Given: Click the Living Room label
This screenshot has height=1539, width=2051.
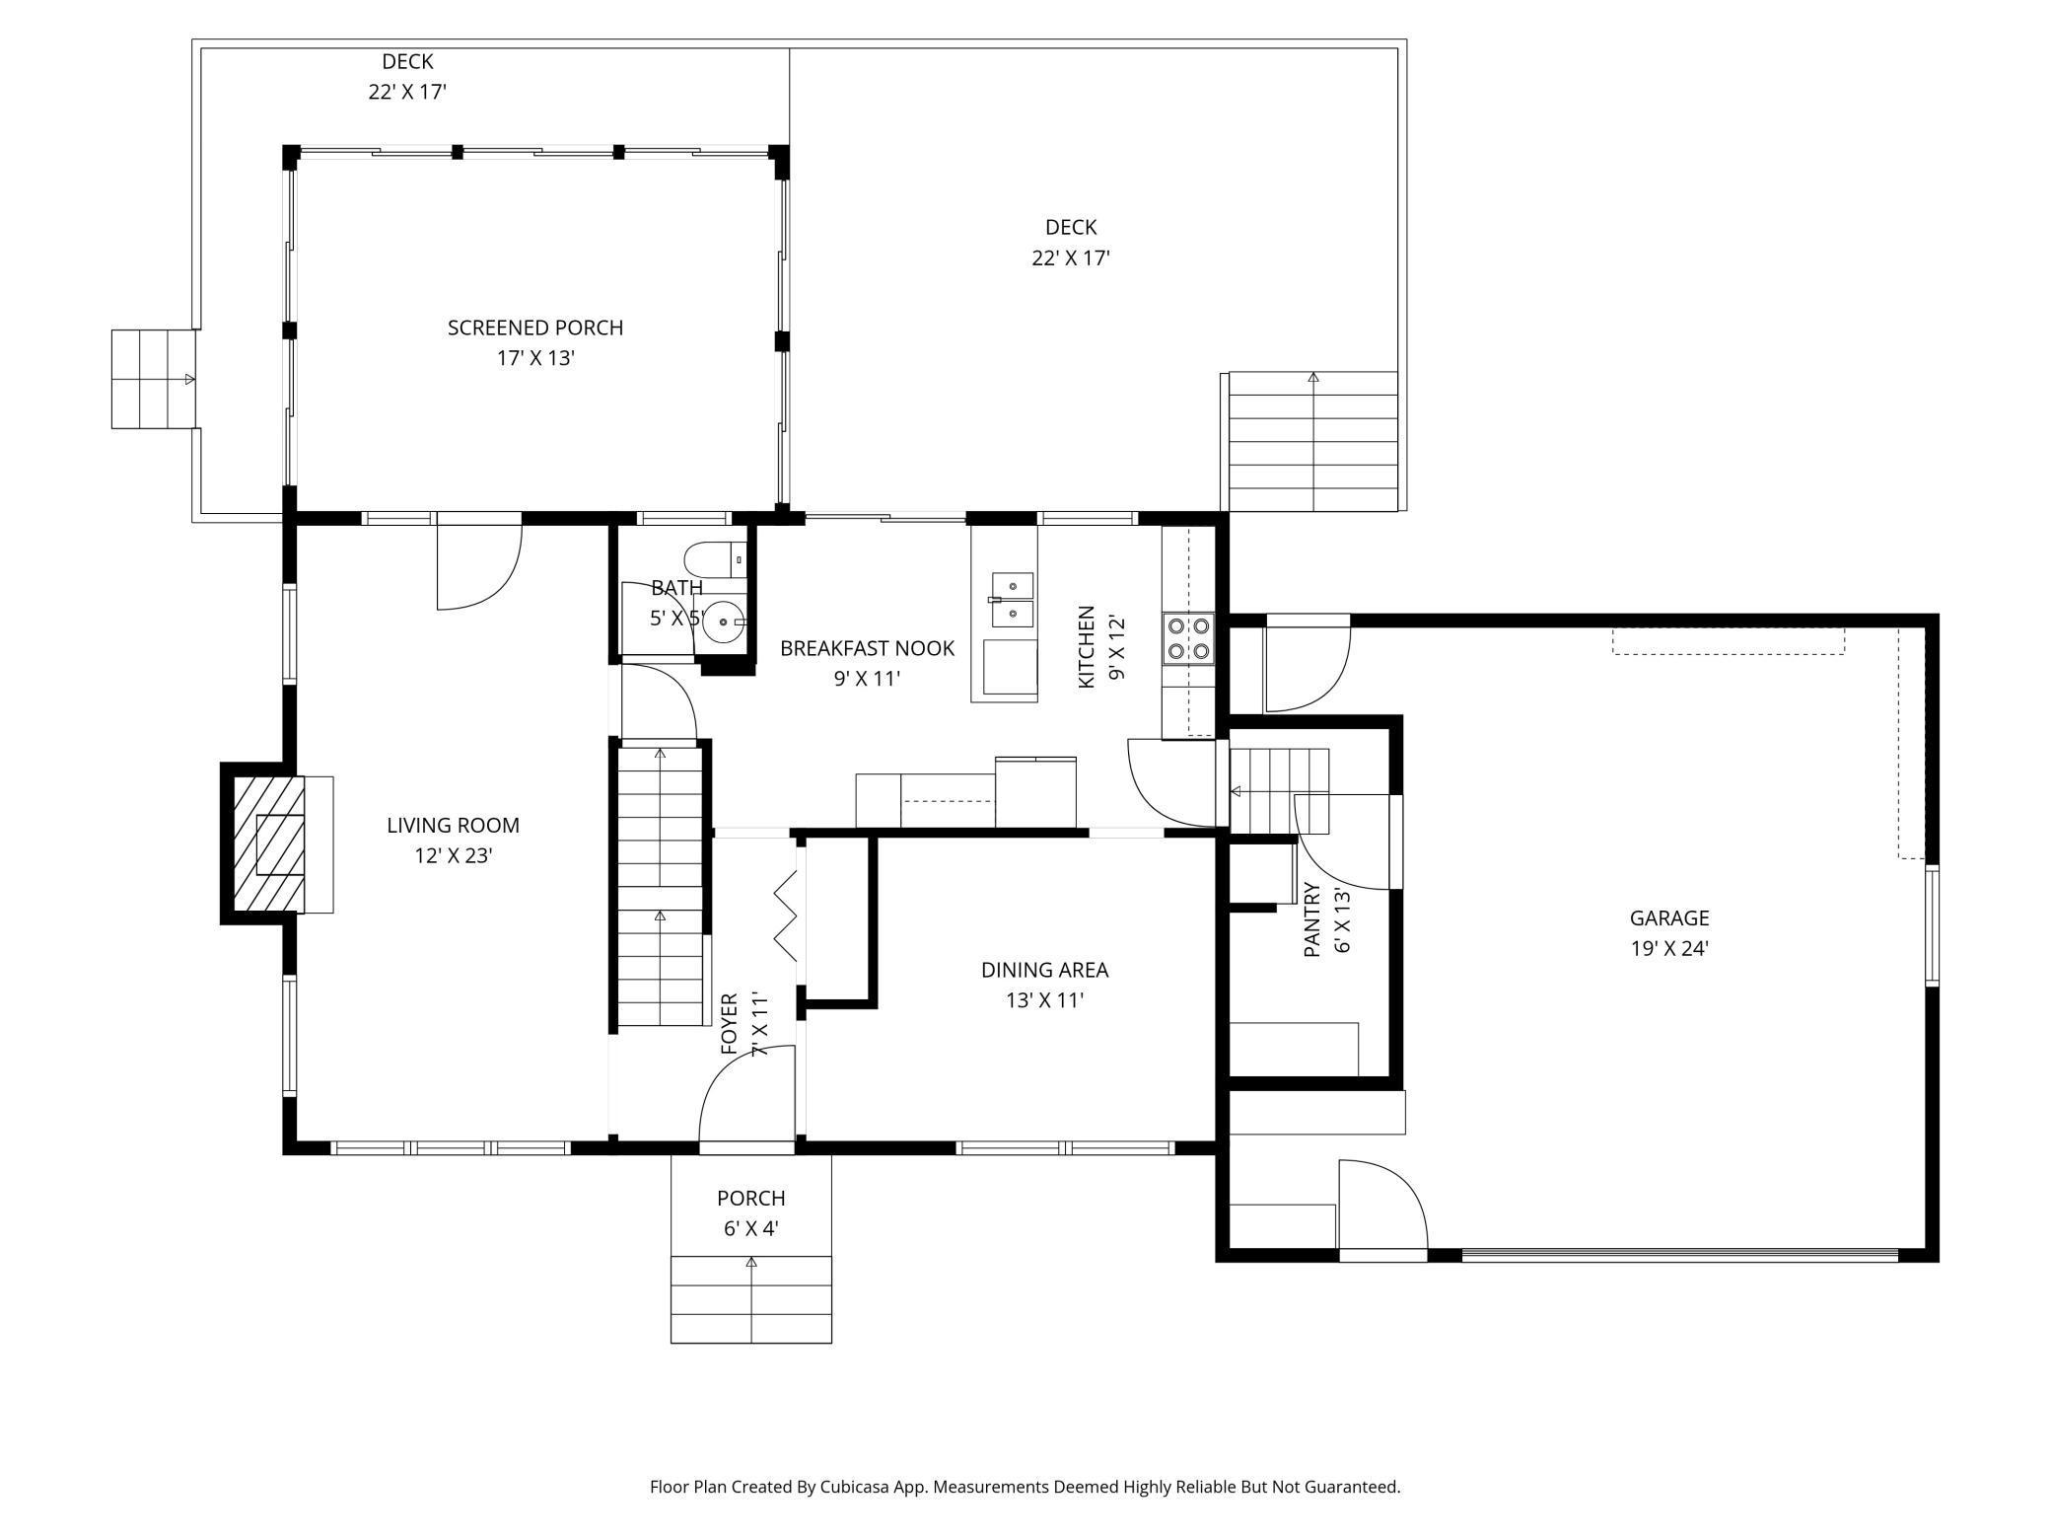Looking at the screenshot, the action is pyautogui.click(x=453, y=825).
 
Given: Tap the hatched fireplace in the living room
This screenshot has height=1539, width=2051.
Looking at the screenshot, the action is pyautogui.click(x=267, y=843).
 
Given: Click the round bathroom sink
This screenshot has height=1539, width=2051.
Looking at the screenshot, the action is pyautogui.click(x=725, y=622).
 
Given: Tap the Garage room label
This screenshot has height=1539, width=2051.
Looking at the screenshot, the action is pyautogui.click(x=1668, y=917).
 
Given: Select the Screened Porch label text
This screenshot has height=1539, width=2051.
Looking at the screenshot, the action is pyautogui.click(x=535, y=328).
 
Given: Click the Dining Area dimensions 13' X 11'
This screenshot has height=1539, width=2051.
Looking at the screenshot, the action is pyautogui.click(x=1044, y=1000).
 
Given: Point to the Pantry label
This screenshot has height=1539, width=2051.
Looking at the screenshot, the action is pyautogui.click(x=1311, y=919).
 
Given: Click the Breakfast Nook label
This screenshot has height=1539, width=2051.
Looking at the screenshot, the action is pyautogui.click(x=867, y=648).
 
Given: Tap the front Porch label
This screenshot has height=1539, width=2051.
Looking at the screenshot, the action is pyautogui.click(x=750, y=1198).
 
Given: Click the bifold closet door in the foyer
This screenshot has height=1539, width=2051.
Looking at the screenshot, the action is pyautogui.click(x=786, y=916).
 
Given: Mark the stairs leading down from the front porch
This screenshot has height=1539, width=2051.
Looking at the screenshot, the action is pyautogui.click(x=751, y=1299).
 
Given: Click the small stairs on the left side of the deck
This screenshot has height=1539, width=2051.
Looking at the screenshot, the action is pyautogui.click(x=153, y=379).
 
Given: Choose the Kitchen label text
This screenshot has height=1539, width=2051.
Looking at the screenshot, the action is pyautogui.click(x=1086, y=647).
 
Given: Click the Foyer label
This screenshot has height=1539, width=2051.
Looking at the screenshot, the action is pyautogui.click(x=729, y=1023).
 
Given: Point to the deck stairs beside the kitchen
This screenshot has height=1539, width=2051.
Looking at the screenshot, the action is pyautogui.click(x=1313, y=441).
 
